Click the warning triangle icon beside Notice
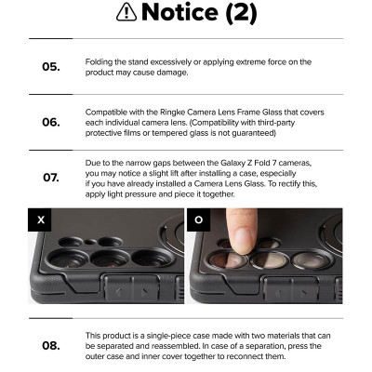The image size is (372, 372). tap(126, 13)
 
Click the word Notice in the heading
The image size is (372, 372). tap(180, 13)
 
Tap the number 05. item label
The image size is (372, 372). tap(51, 67)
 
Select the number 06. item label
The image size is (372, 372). tap(51, 122)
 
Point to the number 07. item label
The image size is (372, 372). tap(51, 178)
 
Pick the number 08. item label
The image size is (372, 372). tap(51, 345)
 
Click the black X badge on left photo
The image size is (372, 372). tap(40, 219)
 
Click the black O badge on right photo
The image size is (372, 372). tap(199, 219)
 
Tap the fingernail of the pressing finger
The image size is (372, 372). tap(244, 242)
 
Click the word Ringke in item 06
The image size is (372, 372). tap(172, 113)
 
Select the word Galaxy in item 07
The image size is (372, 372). tap(232, 163)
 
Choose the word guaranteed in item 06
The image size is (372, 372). tap(254, 133)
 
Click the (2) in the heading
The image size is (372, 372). tap(241, 13)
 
